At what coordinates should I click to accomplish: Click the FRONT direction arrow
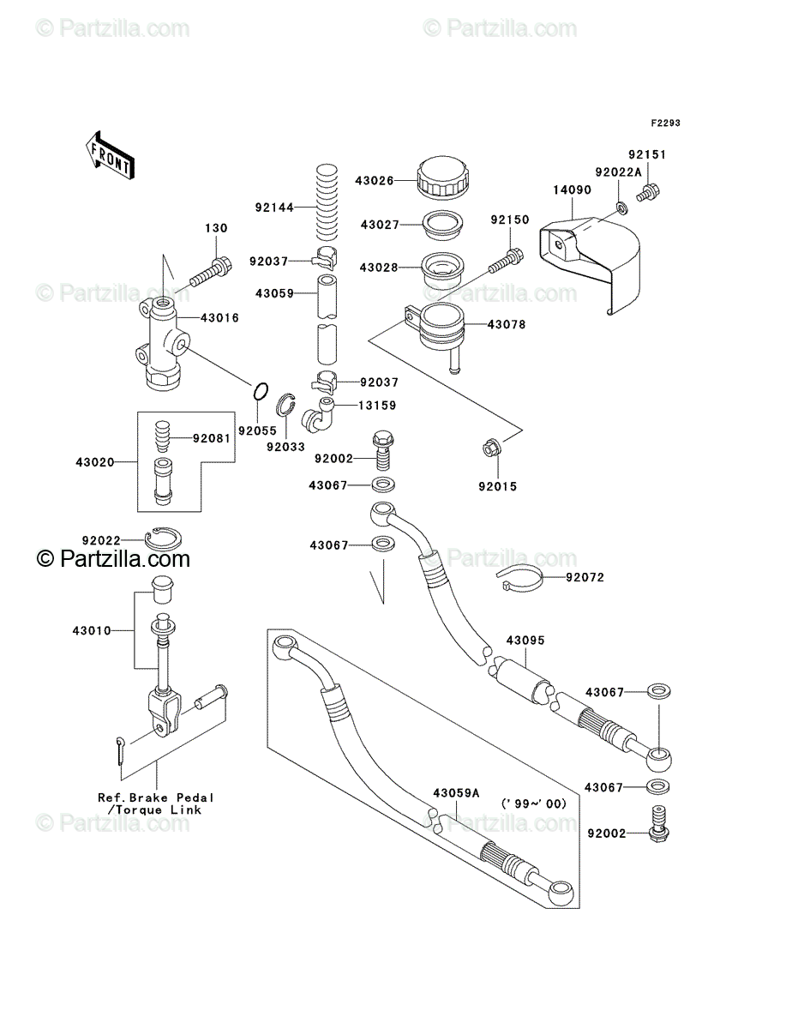[110, 154]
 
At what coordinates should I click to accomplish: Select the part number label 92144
[274, 208]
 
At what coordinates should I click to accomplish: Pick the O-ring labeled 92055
[261, 391]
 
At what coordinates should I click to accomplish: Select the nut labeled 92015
[492, 448]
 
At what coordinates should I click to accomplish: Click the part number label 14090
[572, 190]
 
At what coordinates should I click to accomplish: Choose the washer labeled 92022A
[621, 207]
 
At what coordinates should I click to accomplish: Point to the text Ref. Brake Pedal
[156, 797]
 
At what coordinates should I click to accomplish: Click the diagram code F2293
[666, 123]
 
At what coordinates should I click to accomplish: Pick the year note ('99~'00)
[533, 803]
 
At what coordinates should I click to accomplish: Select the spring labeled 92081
[162, 436]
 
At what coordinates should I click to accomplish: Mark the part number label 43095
[525, 640]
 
